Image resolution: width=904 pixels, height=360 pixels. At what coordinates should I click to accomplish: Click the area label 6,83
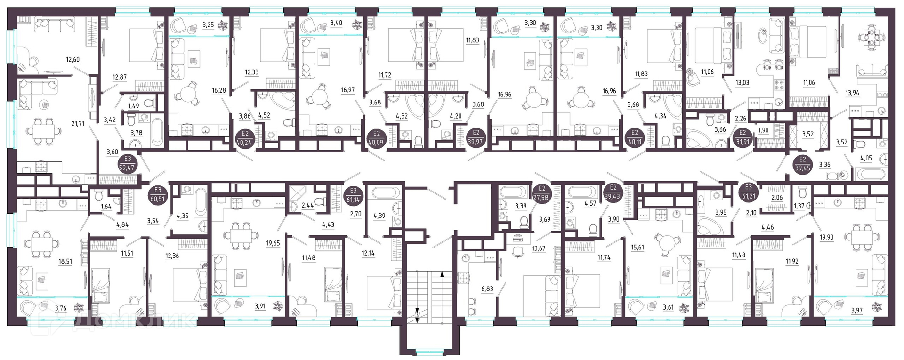[487, 289]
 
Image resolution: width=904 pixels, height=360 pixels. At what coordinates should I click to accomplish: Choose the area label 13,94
[852, 93]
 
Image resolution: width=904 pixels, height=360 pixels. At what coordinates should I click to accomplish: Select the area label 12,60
[73, 59]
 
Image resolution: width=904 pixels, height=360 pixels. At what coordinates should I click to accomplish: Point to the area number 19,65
[273, 243]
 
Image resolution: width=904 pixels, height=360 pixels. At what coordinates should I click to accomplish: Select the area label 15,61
[638, 248]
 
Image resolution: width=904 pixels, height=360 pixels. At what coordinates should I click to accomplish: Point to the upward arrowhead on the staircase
[442, 273]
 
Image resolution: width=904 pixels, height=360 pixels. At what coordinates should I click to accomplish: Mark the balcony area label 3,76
[61, 309]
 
